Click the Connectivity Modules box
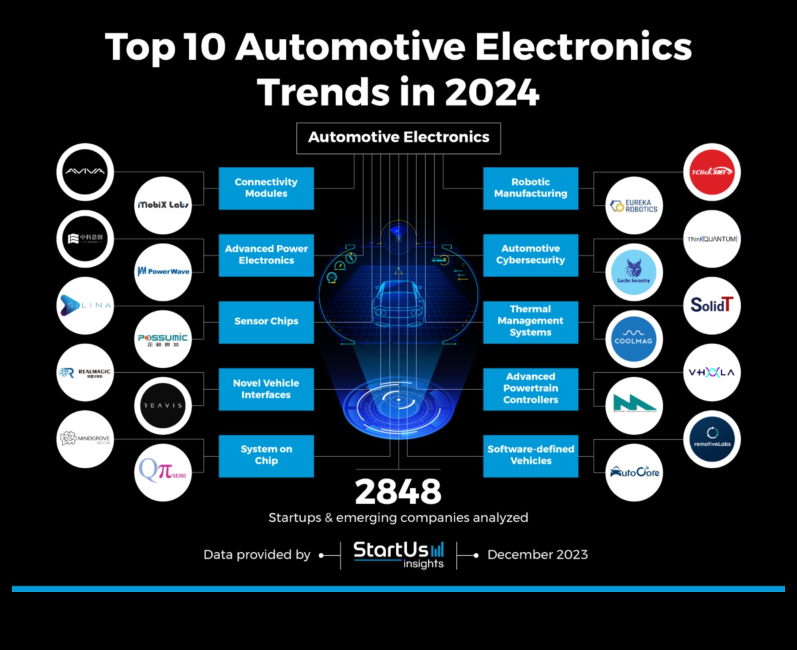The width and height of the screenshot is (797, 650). pos(266,188)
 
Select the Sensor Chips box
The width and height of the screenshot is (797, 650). pos(266,321)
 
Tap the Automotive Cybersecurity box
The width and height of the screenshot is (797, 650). pos(530,254)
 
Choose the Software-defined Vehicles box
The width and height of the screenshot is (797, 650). pos(530,455)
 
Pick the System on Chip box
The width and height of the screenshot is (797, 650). pos(266,455)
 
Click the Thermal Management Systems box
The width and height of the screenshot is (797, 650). pos(530,321)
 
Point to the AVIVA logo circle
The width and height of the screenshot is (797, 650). pos(85,172)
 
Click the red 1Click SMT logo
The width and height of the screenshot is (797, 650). pos(712,172)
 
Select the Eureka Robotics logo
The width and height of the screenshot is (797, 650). pos(634,205)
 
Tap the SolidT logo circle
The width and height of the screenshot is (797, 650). pos(712,306)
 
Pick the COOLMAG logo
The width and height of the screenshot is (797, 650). pos(633,339)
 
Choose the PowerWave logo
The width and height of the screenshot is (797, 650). pos(163,272)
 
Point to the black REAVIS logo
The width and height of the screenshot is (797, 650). pos(162,405)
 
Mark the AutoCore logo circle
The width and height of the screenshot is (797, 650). pos(634,472)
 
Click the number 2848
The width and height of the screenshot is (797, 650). pos(398,492)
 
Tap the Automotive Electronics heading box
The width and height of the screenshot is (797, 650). pos(398,138)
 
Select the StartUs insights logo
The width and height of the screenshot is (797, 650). pos(398,555)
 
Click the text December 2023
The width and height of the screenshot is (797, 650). pos(537,555)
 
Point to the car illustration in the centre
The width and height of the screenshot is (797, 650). pos(398,302)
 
